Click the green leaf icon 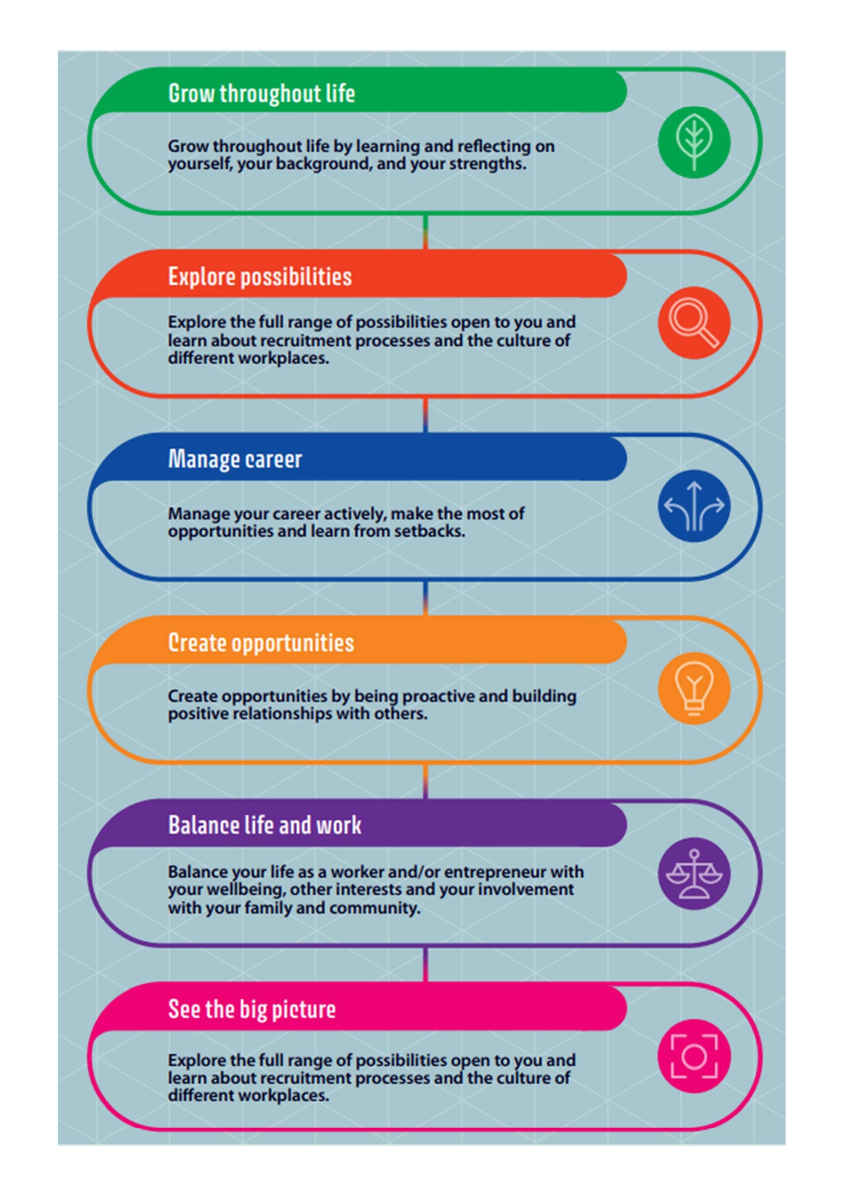point(694,142)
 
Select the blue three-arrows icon point(694,506)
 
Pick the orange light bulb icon point(694,688)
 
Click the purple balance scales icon point(694,874)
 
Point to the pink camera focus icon point(694,1056)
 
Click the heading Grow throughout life point(262,94)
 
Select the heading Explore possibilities point(260,277)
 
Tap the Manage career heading point(235,459)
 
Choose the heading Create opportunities point(261,643)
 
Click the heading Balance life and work point(265,825)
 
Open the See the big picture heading point(252,1009)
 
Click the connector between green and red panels point(426,232)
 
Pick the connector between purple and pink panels point(426,964)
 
